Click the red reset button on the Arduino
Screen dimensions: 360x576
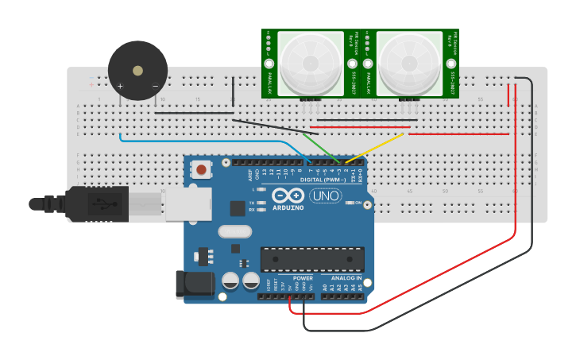[x=203, y=169]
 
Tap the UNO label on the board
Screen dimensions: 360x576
[x=325, y=195]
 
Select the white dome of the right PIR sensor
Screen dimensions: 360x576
[x=409, y=61]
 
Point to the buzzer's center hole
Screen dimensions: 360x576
[x=138, y=71]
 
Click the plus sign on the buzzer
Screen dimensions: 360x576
[x=120, y=86]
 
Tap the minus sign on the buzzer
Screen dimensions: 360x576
[x=155, y=86]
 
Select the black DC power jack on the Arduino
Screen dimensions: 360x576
[x=195, y=285]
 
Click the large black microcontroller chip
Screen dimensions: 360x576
[x=312, y=259]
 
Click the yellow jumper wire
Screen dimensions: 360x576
[x=373, y=148]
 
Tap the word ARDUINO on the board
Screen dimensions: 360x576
[x=288, y=207]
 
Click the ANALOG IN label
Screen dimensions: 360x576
[x=342, y=278]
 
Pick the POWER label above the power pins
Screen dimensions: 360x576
[x=303, y=278]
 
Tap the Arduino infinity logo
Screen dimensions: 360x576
[x=288, y=195]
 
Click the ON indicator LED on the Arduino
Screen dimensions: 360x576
[x=350, y=203]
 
